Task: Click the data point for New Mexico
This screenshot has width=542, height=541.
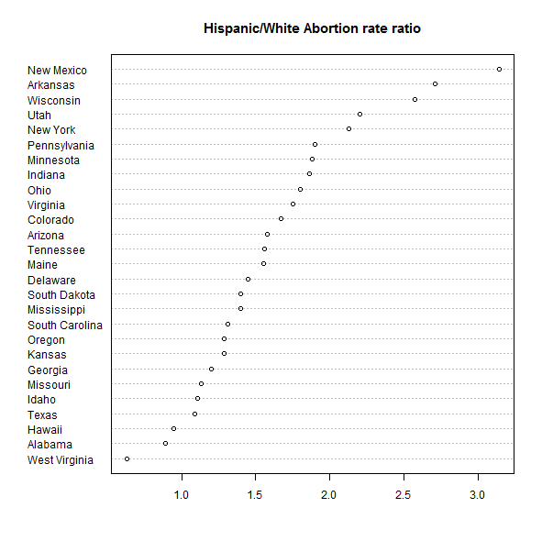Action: (499, 69)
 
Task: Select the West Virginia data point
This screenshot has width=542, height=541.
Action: (127, 458)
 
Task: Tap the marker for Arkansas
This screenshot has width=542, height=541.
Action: (436, 84)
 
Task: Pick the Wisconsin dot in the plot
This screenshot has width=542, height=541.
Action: (415, 100)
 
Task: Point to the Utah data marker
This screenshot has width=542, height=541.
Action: (359, 114)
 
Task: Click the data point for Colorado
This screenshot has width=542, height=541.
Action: (281, 219)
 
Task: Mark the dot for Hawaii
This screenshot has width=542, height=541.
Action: (174, 428)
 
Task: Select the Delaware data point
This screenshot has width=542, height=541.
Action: (248, 280)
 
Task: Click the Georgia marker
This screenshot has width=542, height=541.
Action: (212, 370)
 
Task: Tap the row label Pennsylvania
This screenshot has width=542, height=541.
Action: (61, 146)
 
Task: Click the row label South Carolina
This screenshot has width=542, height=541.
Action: (65, 326)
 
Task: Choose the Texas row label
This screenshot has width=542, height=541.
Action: (42, 414)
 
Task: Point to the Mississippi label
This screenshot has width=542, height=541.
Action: (56, 310)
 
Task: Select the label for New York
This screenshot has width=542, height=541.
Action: (51, 130)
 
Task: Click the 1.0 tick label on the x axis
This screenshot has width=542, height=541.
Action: (182, 495)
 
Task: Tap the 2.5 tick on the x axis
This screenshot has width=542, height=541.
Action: (403, 495)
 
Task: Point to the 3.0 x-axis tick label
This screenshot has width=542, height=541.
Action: (478, 495)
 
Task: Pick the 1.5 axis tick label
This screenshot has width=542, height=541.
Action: (255, 495)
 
